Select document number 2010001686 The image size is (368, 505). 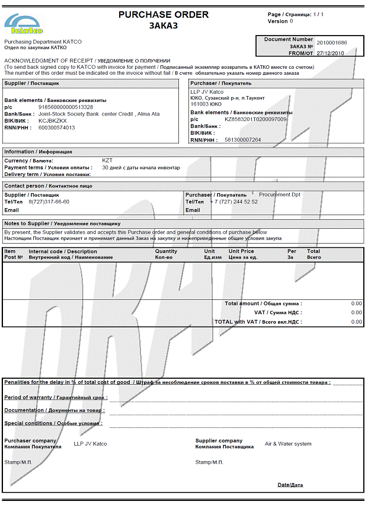(x=331, y=43)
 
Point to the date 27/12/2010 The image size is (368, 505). (x=331, y=53)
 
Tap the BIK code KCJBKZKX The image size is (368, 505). (x=53, y=120)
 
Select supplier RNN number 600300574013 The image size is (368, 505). (x=57, y=127)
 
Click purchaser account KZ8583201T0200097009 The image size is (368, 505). (x=255, y=119)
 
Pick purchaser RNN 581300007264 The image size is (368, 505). (x=243, y=140)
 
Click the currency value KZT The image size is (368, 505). (x=107, y=161)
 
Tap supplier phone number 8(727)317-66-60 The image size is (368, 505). (x=49, y=202)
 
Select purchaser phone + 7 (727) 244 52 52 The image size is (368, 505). (x=234, y=202)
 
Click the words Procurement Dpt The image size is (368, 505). (x=280, y=194)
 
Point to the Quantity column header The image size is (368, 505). (x=166, y=251)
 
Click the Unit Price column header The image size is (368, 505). (x=241, y=251)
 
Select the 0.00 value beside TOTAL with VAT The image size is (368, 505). (x=356, y=322)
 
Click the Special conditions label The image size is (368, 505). (x=53, y=423)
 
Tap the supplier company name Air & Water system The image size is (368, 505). (x=288, y=444)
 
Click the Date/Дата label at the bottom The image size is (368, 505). (x=290, y=485)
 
